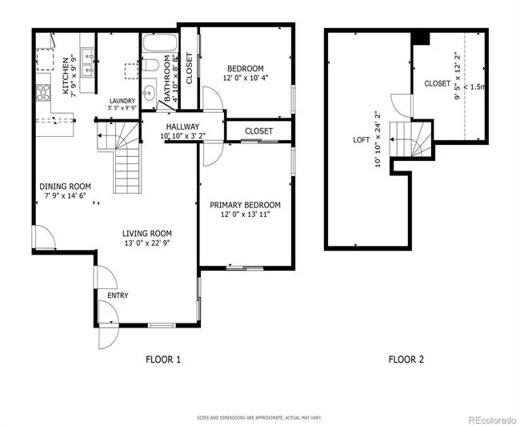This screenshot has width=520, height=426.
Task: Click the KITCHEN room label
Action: [x=66, y=76]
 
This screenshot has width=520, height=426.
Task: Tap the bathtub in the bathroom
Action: [x=159, y=42]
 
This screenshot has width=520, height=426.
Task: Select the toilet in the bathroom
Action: [x=150, y=65]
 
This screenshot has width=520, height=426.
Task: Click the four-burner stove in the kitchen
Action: [x=43, y=92]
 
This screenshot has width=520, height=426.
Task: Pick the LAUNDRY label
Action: [x=122, y=101]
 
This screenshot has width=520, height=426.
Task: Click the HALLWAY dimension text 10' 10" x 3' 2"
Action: [x=182, y=136]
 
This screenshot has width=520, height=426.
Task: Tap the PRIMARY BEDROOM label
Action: [x=245, y=205]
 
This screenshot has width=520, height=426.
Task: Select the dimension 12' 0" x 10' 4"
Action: [x=245, y=78]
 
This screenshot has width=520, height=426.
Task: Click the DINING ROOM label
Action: [x=65, y=187]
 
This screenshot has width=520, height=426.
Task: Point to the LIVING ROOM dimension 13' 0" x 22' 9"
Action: [x=147, y=243]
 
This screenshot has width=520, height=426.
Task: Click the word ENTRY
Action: [x=118, y=295]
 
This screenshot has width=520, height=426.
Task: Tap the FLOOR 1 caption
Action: [x=163, y=360]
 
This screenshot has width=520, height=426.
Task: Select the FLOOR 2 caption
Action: [x=406, y=360]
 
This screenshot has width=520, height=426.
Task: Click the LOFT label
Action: [x=361, y=140]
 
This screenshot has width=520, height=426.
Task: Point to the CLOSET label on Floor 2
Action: [x=438, y=83]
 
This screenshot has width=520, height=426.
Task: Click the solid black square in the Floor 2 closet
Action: [x=421, y=38]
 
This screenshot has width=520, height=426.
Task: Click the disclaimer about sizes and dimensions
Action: [x=259, y=418]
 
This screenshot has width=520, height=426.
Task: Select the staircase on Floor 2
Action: [x=410, y=139]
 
